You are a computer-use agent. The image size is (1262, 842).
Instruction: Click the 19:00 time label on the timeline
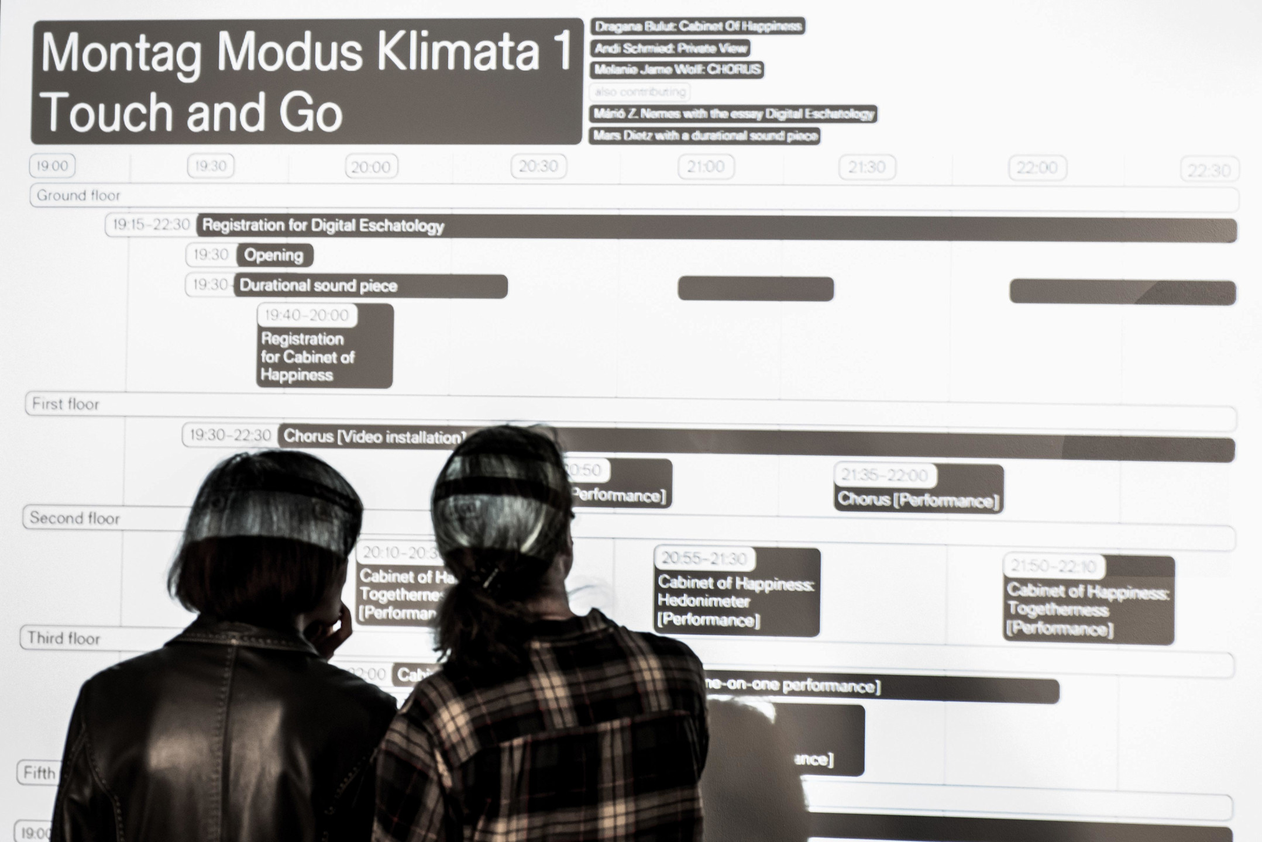(x=53, y=166)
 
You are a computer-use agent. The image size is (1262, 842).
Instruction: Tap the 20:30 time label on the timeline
(x=538, y=167)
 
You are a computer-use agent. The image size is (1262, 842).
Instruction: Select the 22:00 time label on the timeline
(x=1037, y=168)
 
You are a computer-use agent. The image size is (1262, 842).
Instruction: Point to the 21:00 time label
(x=706, y=167)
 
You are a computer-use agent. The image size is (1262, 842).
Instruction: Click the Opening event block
(x=274, y=256)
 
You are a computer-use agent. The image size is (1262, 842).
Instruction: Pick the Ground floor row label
(x=78, y=195)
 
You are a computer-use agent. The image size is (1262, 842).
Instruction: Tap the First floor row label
(x=66, y=404)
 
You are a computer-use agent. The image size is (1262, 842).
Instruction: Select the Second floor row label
(x=74, y=518)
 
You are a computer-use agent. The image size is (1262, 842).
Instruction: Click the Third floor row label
(x=64, y=638)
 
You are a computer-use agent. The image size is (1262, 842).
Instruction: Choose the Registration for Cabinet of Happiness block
(x=324, y=346)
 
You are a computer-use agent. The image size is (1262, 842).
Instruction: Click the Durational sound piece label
(x=318, y=286)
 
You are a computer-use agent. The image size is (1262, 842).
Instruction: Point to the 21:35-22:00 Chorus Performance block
(x=919, y=489)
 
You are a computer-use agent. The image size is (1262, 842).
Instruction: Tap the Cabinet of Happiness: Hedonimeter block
(x=736, y=592)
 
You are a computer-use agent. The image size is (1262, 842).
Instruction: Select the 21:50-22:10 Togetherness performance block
(x=1088, y=600)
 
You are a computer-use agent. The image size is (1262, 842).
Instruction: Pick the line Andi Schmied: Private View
(x=670, y=49)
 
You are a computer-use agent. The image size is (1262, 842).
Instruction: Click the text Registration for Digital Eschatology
(x=323, y=226)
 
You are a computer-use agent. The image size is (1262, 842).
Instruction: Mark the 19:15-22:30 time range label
(x=151, y=225)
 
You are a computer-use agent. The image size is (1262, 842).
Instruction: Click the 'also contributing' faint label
(x=639, y=92)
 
